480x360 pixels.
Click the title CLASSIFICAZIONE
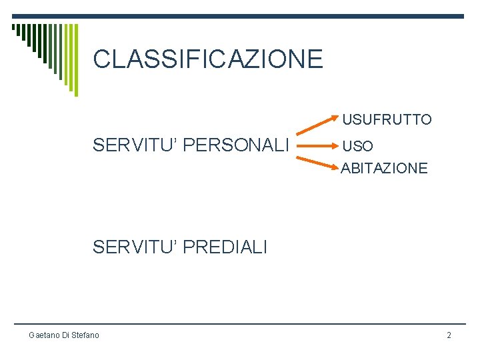(x=208, y=59)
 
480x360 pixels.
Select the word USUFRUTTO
(x=387, y=120)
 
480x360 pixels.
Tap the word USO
(x=357, y=145)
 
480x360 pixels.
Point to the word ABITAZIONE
(x=385, y=169)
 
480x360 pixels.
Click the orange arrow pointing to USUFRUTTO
(x=317, y=128)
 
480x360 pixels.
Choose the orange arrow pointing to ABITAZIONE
(x=317, y=160)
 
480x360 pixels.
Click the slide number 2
(x=449, y=335)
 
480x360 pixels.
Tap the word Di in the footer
(x=65, y=335)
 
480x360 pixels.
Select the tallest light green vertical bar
(x=75, y=60)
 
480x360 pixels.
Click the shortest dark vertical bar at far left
(x=13, y=29)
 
